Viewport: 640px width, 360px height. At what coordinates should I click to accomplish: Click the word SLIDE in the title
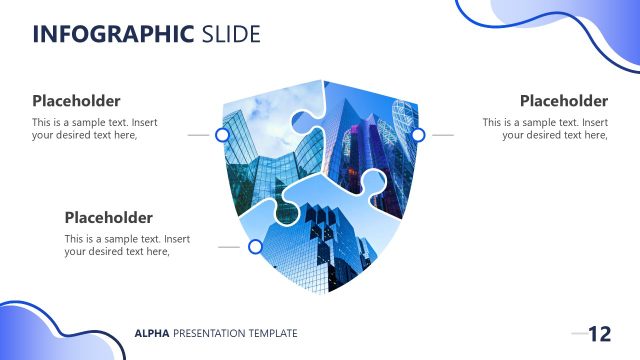(230, 35)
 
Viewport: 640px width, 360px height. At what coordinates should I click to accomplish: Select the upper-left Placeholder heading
(76, 101)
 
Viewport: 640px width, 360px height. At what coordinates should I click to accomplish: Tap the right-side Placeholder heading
(563, 101)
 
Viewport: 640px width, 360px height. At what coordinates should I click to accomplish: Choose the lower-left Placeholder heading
(108, 217)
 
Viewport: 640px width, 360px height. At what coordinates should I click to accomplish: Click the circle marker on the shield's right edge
(418, 134)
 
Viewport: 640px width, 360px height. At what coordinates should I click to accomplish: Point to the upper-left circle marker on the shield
(222, 134)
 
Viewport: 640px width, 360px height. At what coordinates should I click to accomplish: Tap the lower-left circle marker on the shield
(255, 246)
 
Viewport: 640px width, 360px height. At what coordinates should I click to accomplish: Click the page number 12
(599, 334)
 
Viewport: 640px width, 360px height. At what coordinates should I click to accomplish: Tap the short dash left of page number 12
(578, 333)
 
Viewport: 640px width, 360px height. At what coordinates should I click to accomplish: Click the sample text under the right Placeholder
(545, 129)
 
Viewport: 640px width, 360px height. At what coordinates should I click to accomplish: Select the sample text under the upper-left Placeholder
(95, 129)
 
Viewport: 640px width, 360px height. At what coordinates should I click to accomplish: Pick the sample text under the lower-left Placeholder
(127, 245)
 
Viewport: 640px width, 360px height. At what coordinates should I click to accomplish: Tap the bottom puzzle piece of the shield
(320, 240)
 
